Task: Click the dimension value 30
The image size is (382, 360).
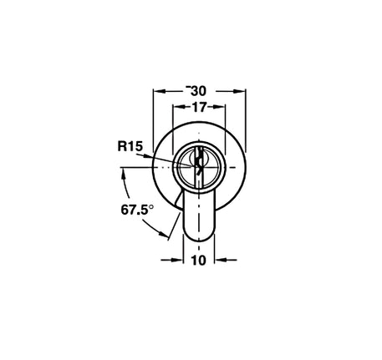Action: click(x=198, y=91)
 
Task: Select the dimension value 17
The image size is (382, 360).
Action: click(x=199, y=107)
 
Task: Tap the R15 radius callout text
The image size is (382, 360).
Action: click(x=130, y=146)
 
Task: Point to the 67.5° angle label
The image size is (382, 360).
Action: click(x=137, y=210)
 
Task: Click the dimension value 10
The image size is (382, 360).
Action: click(x=198, y=261)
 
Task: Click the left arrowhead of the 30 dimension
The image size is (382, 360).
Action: click(x=160, y=91)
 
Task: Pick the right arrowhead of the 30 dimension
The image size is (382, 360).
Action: click(x=239, y=91)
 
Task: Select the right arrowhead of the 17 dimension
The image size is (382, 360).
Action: click(x=218, y=107)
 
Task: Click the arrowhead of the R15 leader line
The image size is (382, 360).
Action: click(x=148, y=156)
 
